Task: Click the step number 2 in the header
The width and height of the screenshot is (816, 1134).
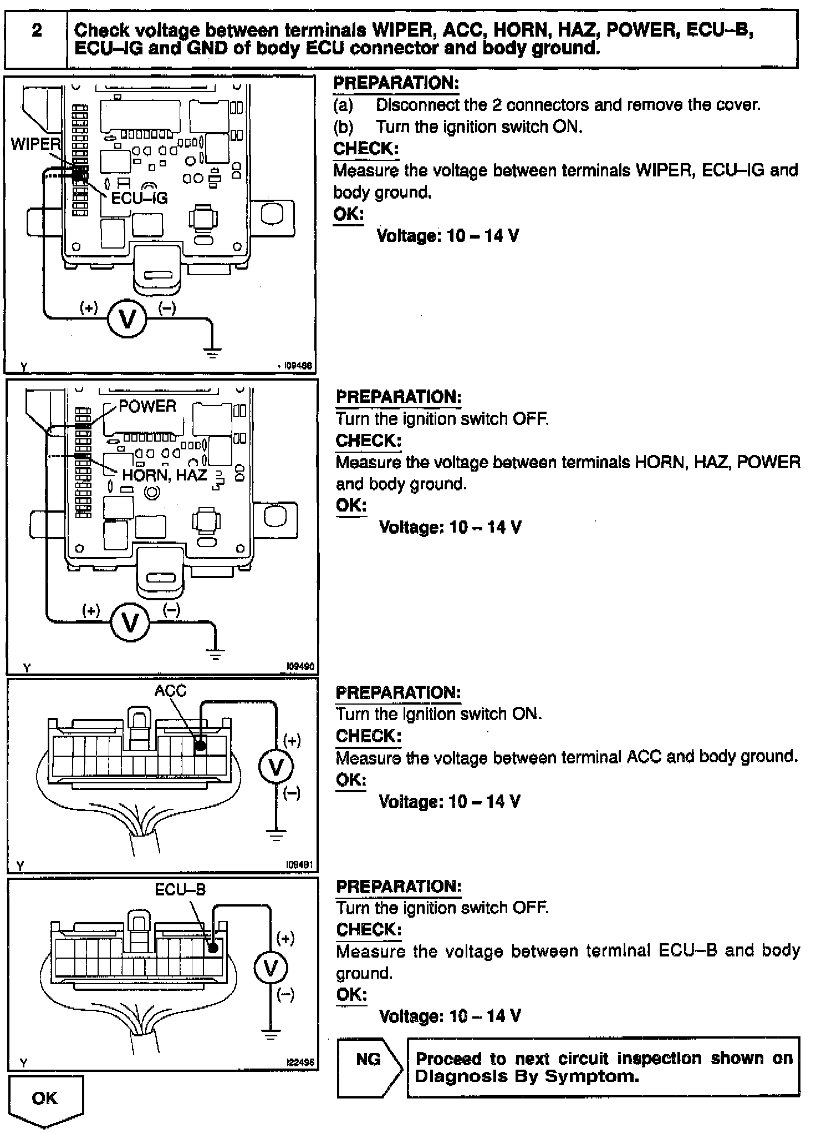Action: click(36, 31)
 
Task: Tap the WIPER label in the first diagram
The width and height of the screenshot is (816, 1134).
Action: click(35, 144)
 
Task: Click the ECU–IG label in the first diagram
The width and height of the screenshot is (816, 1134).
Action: click(139, 198)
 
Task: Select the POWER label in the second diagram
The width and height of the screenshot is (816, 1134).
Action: click(147, 406)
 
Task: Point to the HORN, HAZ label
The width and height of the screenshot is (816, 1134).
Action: click(164, 475)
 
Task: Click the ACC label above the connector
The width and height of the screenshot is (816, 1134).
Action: click(170, 690)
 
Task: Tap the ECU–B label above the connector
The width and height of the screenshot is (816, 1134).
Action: click(180, 890)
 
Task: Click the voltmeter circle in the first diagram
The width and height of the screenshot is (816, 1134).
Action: click(127, 319)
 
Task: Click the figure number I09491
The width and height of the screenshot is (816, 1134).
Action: click(299, 864)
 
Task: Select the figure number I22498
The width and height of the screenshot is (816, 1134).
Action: click(300, 1062)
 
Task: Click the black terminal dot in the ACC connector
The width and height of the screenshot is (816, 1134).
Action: click(201, 746)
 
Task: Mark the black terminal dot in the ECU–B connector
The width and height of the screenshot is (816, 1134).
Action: click(212, 949)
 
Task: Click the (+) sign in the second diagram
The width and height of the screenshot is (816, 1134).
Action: click(91, 611)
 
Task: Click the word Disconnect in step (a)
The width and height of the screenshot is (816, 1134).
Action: click(417, 105)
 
